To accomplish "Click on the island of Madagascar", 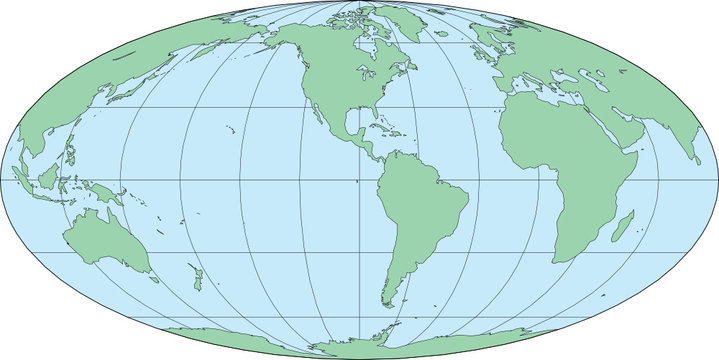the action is click(x=622, y=226).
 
